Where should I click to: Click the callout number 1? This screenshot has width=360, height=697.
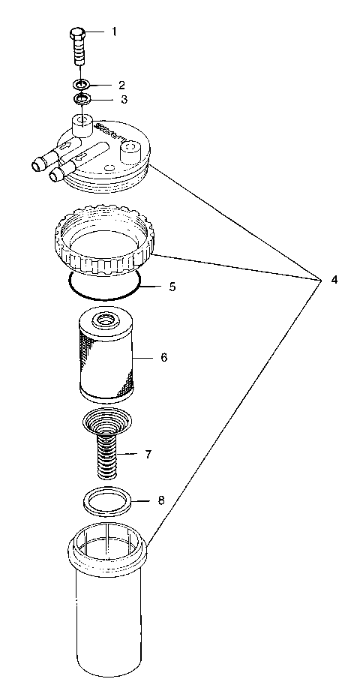coord(115,32)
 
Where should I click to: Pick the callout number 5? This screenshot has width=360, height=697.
coord(172,287)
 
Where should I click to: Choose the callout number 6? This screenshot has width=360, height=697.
coord(163,357)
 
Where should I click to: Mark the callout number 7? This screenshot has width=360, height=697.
coord(148,454)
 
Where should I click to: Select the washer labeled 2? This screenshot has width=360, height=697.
coord(82,85)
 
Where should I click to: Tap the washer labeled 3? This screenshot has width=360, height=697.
coord(82,98)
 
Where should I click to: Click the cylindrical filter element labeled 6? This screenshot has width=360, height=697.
coord(106,364)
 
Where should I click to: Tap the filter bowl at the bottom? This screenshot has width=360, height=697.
coord(109,615)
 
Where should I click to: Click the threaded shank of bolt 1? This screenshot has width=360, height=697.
coord(77,54)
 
